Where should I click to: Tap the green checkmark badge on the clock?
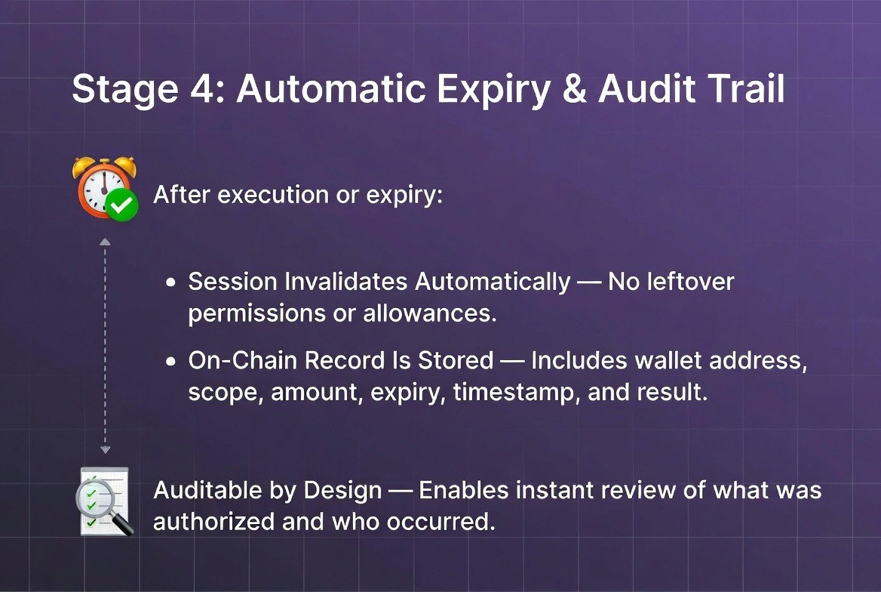(121, 204)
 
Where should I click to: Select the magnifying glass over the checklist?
(112, 509)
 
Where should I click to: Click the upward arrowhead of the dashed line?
(105, 242)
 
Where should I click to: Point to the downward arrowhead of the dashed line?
(105, 450)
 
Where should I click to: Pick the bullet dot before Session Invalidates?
(171, 282)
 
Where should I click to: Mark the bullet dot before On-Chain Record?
(171, 362)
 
